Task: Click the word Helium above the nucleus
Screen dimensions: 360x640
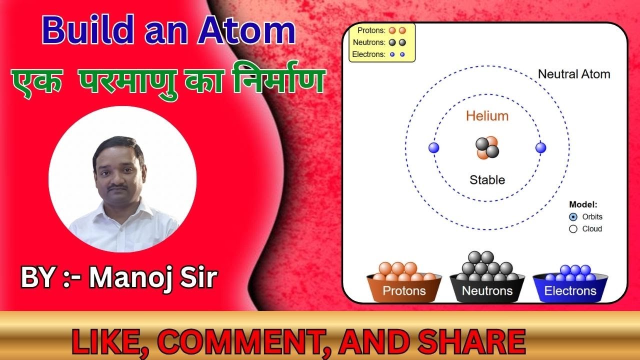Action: (487, 116)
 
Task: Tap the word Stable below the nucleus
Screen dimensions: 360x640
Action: (487, 180)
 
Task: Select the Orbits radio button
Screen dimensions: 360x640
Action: (573, 217)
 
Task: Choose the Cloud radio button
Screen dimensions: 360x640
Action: (573, 229)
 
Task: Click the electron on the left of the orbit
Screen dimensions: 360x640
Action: (434, 147)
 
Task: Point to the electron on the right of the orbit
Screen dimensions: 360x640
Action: (540, 147)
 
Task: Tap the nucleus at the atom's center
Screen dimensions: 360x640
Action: (487, 147)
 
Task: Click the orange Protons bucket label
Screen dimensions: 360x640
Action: (404, 291)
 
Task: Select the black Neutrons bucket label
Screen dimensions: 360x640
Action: (487, 291)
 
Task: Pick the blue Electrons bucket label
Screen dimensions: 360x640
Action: (570, 291)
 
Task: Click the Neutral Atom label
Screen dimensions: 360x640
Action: (574, 74)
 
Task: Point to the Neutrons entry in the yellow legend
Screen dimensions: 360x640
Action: (369, 42)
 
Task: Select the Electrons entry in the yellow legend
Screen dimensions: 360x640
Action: (368, 54)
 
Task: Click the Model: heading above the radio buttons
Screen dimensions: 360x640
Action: (583, 204)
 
